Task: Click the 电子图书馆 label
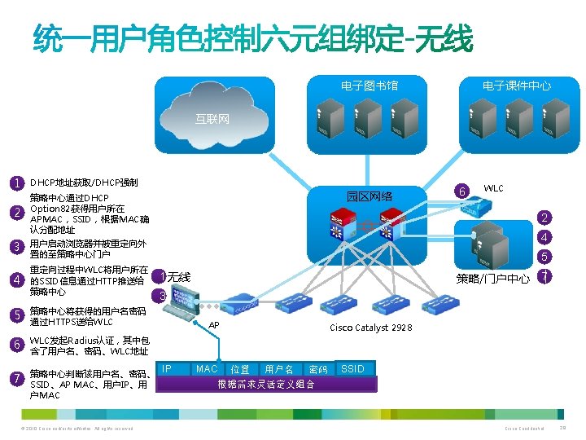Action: (x=370, y=86)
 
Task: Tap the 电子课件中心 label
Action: (x=516, y=86)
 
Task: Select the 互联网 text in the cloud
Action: (x=212, y=119)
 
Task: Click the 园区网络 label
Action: (x=370, y=196)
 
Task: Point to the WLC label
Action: (x=493, y=188)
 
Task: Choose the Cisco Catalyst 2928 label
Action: (x=370, y=328)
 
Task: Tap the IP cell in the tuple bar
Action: (x=166, y=369)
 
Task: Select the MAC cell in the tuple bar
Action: (x=207, y=369)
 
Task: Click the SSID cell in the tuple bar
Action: (x=352, y=369)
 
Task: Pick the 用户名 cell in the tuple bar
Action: (x=279, y=370)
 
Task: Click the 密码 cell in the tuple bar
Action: (x=317, y=370)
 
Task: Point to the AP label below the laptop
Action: (x=214, y=325)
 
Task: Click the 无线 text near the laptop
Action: (x=179, y=277)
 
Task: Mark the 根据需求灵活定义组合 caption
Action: (x=265, y=384)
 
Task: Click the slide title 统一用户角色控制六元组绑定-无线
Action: (x=252, y=37)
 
